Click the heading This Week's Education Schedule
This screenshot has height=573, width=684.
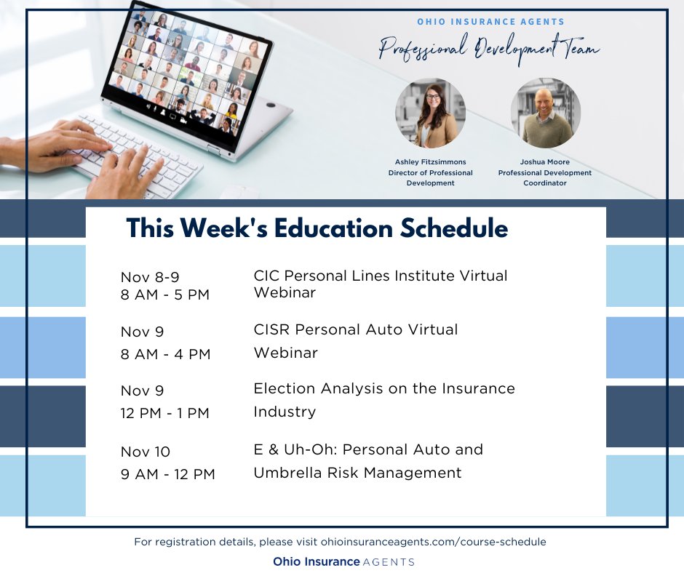click(x=317, y=228)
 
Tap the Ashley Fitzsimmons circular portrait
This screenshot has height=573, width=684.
click(x=430, y=113)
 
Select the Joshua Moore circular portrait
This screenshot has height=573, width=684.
click(x=545, y=113)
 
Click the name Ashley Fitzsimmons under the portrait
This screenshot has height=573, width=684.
click(x=430, y=162)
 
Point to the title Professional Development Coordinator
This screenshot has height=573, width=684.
click(x=545, y=178)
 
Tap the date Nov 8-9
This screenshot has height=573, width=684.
click(x=148, y=276)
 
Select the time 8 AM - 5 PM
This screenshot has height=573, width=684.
click(x=165, y=295)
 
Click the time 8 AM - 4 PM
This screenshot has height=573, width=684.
click(x=165, y=354)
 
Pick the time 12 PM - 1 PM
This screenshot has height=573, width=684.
click(x=165, y=413)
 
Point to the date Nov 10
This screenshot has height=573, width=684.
click(x=146, y=452)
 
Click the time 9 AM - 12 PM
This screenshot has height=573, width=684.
click(x=168, y=474)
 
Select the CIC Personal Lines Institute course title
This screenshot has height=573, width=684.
click(x=380, y=276)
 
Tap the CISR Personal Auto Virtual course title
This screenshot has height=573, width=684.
click(x=356, y=329)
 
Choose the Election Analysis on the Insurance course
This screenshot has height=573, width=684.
click(x=383, y=388)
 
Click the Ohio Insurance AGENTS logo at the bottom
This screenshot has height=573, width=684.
click(x=343, y=561)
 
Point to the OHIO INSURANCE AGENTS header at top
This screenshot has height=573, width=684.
click(x=490, y=22)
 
